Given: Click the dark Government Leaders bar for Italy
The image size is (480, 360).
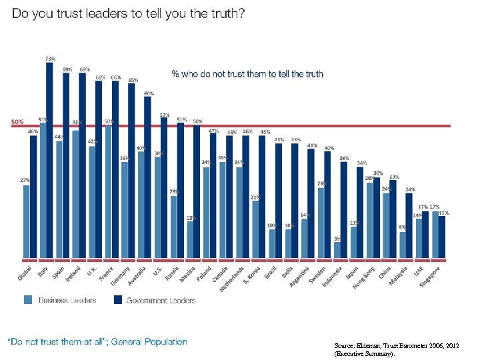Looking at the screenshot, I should [x=49, y=160].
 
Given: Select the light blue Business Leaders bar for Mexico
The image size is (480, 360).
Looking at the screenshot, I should [x=190, y=239].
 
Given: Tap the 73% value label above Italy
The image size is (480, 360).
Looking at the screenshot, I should [x=50, y=59].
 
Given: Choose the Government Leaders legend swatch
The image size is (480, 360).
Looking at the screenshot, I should [x=117, y=300].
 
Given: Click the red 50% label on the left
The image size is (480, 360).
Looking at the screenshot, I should [x=17, y=122].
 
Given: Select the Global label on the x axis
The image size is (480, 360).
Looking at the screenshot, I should [x=24, y=274].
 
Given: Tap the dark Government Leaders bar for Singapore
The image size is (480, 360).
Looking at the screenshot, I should [x=441, y=237].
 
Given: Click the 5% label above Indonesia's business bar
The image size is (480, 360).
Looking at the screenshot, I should [x=337, y=238].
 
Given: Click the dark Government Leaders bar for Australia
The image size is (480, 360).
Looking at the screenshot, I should [x=148, y=177].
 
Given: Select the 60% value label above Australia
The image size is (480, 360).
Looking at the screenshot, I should [x=149, y=93].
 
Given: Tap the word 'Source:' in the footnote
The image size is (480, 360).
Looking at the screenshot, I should [x=347, y=346].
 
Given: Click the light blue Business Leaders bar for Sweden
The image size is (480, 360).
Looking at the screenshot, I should [x=321, y=223].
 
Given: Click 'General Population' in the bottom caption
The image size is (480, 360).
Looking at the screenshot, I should [x=149, y=342].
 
